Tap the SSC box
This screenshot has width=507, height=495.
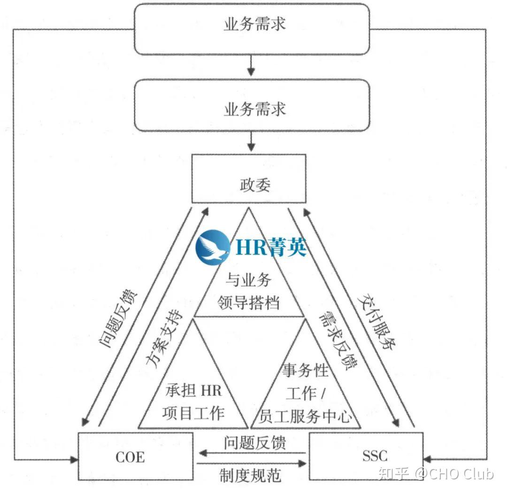pos(366,456)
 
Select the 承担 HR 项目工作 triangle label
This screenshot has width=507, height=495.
pos(193,402)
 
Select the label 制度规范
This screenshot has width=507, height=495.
pos(251,475)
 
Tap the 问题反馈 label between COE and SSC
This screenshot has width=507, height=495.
pos(255,442)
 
